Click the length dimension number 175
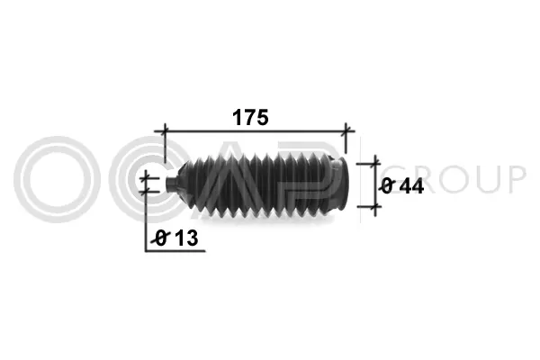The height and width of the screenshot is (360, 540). coord(253,117)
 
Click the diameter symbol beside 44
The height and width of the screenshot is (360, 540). coord(387,186)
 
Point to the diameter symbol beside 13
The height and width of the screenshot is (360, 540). coord(162,238)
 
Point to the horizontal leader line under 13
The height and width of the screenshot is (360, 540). coord(175,250)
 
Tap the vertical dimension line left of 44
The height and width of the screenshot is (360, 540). coord(372,185)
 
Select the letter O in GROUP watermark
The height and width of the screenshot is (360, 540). coord(452,180)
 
